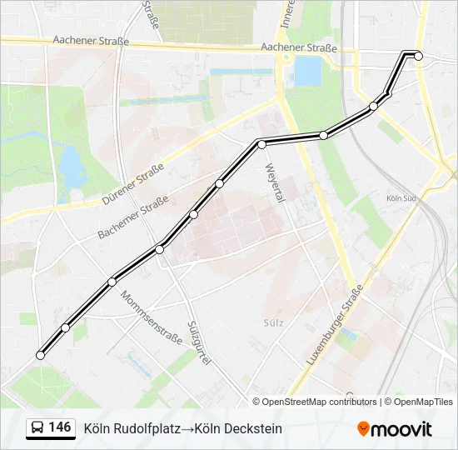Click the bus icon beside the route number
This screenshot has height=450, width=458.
(x=37, y=428)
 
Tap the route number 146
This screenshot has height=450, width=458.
(x=60, y=427)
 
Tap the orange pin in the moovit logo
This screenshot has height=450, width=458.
(x=363, y=428)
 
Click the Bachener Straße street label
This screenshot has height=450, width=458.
(x=133, y=217)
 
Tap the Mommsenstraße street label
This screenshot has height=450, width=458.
(x=151, y=317)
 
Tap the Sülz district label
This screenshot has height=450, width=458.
(x=272, y=322)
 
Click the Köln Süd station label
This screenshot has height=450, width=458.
(x=401, y=198)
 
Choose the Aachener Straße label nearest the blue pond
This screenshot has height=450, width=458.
(x=298, y=48)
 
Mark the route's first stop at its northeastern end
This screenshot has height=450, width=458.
(x=419, y=56)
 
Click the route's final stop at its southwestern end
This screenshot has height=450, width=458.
(x=40, y=356)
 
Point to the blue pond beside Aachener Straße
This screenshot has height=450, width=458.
(x=308, y=72)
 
